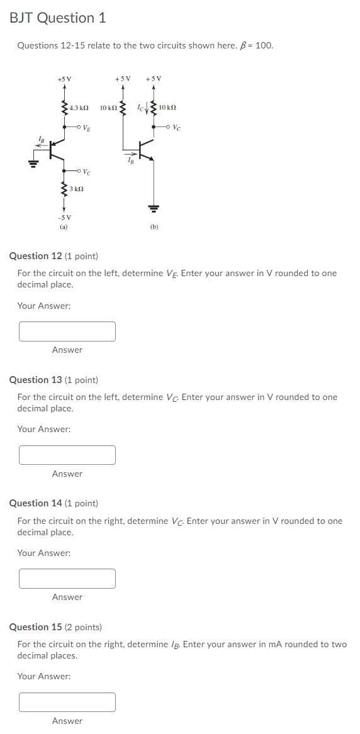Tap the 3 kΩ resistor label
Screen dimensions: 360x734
(77, 189)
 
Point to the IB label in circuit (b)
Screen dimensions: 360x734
(130, 162)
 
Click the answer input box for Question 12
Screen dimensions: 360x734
(67, 331)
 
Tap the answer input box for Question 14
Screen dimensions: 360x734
(67, 579)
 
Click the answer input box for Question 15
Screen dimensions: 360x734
(67, 702)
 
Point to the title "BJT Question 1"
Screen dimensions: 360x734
(57, 18)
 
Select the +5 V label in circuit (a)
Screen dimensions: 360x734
(64, 79)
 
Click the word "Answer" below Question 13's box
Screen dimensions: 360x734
(67, 474)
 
